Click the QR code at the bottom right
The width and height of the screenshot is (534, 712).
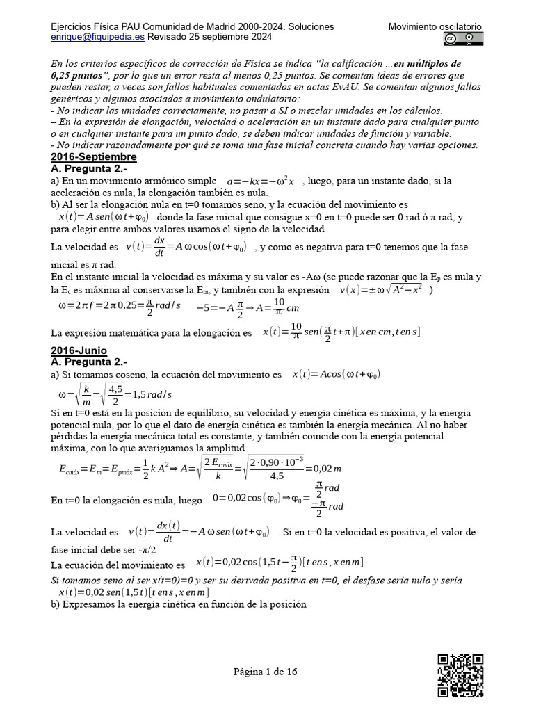pos(460,675)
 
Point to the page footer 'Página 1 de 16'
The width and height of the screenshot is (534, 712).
pos(266,672)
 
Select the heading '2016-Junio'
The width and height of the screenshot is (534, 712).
pos(79,351)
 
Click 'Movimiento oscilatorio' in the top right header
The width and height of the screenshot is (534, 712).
pos(435,27)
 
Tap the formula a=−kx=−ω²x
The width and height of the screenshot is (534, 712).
pos(261,181)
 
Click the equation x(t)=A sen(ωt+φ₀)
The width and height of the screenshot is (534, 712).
pos(104,217)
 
